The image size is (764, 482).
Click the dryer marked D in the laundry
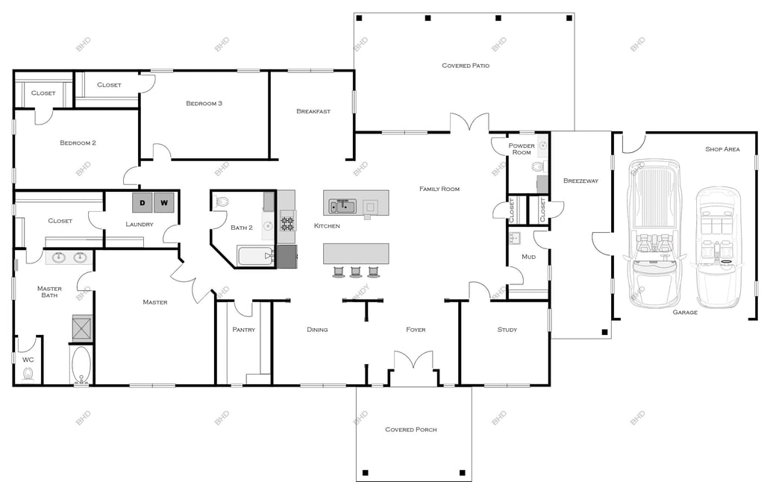(143, 203)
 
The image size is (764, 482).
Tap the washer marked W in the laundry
(163, 203)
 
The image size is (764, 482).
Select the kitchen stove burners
(287, 224)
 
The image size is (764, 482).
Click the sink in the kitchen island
(342, 206)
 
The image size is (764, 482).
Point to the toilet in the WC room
(28, 374)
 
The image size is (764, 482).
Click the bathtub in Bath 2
(256, 256)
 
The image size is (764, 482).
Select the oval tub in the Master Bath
(81, 365)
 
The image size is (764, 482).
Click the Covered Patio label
(466, 66)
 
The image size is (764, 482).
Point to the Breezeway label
(580, 181)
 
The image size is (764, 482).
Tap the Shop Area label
(722, 149)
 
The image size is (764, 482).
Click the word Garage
(685, 312)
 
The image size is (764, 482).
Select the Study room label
(507, 330)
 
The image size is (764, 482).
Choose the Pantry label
(244, 330)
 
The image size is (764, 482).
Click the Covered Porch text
(411, 429)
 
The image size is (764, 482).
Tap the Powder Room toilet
(537, 167)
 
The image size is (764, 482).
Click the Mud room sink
(514, 238)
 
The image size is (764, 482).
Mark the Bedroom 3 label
(204, 103)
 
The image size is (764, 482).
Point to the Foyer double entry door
(413, 360)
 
